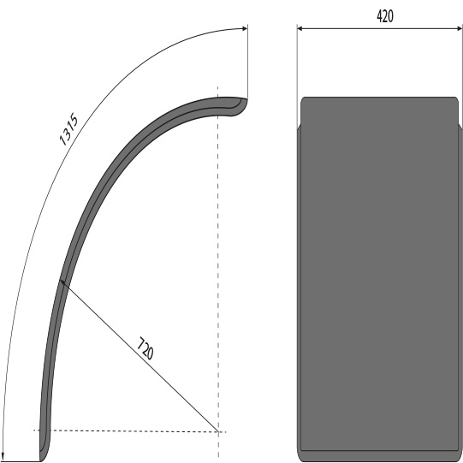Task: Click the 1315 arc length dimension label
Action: click(x=68, y=129)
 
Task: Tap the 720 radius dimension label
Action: click(x=145, y=348)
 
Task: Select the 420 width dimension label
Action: click(x=385, y=16)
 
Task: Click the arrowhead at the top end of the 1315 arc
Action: click(x=245, y=28)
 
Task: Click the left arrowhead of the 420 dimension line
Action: click(x=300, y=28)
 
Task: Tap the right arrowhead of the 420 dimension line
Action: click(x=459, y=28)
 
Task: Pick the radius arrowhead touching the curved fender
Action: click(x=62, y=282)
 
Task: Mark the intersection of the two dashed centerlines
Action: click(x=218, y=431)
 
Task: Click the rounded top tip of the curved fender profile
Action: click(x=246, y=99)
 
